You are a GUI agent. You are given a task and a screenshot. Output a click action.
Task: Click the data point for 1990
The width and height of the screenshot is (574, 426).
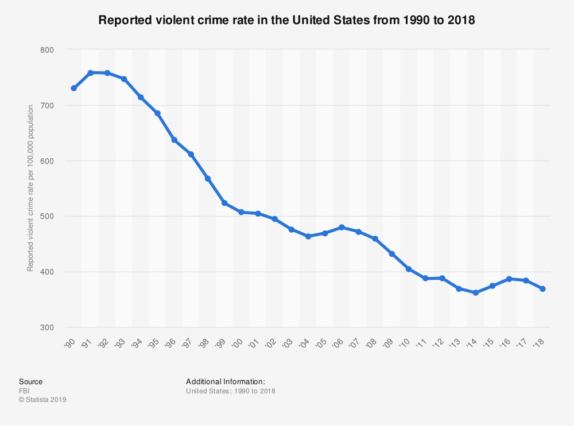coord(73,88)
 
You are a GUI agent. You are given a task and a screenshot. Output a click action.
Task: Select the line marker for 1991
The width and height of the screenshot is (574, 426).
coord(91,73)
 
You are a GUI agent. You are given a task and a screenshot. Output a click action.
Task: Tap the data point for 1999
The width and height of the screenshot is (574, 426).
coord(224,203)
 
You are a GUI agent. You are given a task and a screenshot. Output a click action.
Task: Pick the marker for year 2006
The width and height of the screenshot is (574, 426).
coord(342,227)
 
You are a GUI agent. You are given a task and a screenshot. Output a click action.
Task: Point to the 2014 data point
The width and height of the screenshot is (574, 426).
coord(475,292)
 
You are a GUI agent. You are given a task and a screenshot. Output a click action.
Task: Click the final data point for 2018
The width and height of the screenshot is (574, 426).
coord(542,289)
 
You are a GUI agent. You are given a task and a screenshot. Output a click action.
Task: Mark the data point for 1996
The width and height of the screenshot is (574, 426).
coord(174,140)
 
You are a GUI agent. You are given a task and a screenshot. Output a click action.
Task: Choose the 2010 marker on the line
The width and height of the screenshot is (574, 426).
coord(409,269)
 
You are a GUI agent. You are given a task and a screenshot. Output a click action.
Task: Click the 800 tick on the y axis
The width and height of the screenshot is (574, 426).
coord(46,50)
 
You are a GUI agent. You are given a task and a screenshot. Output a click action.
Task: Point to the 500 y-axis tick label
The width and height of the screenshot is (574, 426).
coord(46,216)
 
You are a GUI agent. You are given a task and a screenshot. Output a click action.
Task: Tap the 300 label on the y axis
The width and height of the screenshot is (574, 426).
coord(46,327)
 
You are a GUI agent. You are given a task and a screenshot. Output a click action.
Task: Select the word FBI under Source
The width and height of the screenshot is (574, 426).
coord(25,391)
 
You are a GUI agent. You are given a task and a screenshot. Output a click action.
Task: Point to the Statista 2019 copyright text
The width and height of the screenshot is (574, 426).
coord(43,400)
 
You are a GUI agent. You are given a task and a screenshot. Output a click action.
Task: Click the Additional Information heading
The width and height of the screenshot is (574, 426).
coord(225,381)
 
